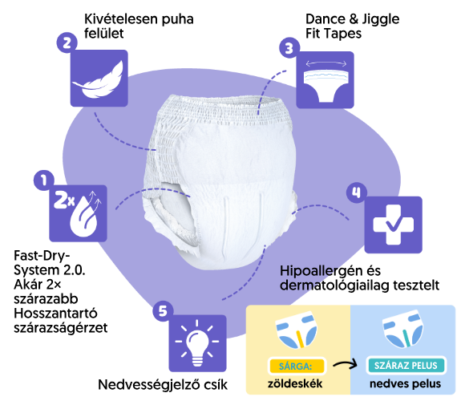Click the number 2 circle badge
click(67, 43)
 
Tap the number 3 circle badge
click(289, 48)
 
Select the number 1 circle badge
click(44, 180)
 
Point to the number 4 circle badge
click(357, 192)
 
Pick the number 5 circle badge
click(163, 311)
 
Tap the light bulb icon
click(197, 343)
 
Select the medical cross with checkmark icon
click(393, 225)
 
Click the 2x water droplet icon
click(78, 213)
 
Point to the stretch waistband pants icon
click(325, 81)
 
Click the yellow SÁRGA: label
click(296, 366)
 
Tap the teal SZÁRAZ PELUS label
click(406, 366)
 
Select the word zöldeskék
click(295, 384)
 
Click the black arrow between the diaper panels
click(346, 364)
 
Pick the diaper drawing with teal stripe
click(402, 330)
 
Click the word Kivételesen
click(121, 19)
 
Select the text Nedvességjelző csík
click(163, 385)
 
